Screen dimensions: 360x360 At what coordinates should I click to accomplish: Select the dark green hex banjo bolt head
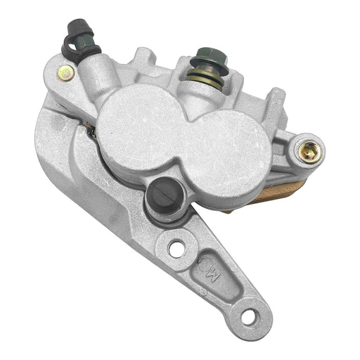(x=208, y=56)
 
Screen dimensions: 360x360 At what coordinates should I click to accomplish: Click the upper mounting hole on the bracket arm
(x=176, y=247)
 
